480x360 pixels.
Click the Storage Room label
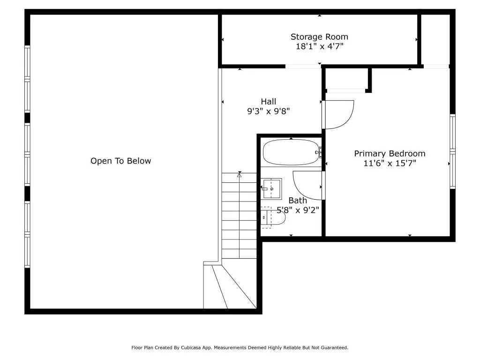click(x=319, y=37)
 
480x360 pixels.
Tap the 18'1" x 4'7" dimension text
click(x=319, y=46)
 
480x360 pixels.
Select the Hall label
click(x=269, y=101)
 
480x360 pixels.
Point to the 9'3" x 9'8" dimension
click(x=269, y=111)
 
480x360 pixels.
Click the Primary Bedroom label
click(x=390, y=154)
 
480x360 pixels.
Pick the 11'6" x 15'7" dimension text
click(x=390, y=163)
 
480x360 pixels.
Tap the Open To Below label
click(x=120, y=161)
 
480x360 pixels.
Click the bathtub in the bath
click(x=291, y=152)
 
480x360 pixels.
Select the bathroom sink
click(x=271, y=189)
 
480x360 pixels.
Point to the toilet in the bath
click(x=273, y=217)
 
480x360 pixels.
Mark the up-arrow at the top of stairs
click(x=240, y=175)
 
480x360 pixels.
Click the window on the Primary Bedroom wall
click(x=452, y=151)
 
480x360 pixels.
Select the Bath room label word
click(x=298, y=201)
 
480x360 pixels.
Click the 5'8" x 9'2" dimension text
click(x=298, y=210)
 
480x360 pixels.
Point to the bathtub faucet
click(x=318, y=152)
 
